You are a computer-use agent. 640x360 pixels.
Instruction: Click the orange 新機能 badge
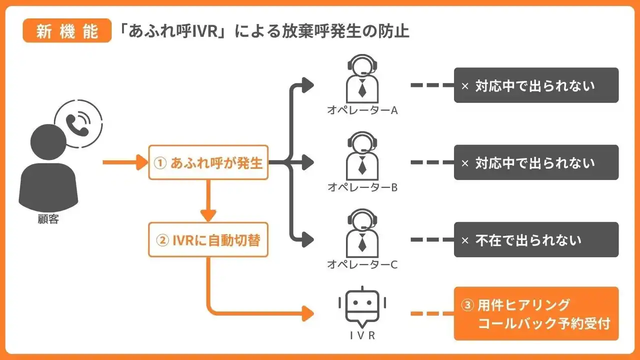pyautogui.click(x=67, y=31)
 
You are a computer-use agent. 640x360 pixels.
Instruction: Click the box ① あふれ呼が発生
pyautogui.click(x=208, y=162)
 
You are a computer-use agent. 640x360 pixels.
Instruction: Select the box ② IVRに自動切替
pyautogui.click(x=208, y=240)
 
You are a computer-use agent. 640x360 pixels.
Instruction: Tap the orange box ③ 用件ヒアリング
pyautogui.click(x=536, y=313)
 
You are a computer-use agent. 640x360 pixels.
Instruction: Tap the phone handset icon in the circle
pyautogui.click(x=77, y=124)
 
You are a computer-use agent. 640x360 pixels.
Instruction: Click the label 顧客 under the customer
pyautogui.click(x=48, y=219)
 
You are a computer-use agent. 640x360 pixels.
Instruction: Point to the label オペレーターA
pyautogui.click(x=362, y=110)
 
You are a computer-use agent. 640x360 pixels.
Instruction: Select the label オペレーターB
pyautogui.click(x=362, y=187)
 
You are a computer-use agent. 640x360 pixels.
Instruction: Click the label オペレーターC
pyautogui.click(x=362, y=264)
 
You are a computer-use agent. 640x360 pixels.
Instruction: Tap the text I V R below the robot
pyautogui.click(x=362, y=335)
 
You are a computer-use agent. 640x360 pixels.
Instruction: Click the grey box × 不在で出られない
pyautogui.click(x=536, y=240)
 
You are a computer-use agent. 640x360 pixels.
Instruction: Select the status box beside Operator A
pyautogui.click(x=536, y=85)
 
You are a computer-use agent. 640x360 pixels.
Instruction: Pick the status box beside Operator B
pyautogui.click(x=536, y=162)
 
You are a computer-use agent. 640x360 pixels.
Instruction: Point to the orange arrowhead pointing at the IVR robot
pyautogui.click(x=308, y=314)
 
